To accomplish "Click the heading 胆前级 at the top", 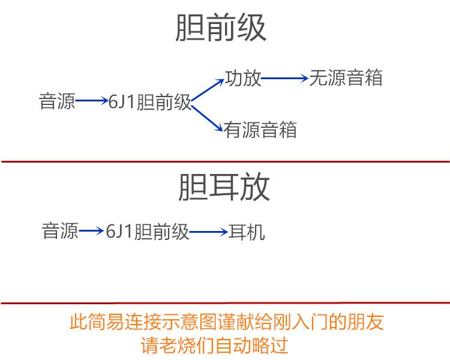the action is point(221,28).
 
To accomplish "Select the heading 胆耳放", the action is point(224,188).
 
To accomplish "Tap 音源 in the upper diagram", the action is point(58,101).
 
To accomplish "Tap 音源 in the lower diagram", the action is point(60,231).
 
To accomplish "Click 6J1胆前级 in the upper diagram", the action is point(149,102).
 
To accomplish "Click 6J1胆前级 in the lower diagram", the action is point(148,232).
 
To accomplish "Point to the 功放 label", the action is point(243,78).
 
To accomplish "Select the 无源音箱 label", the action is point(346,78).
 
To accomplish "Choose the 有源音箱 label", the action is point(260,130).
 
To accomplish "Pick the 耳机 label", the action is point(247,232).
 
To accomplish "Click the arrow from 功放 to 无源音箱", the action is point(284,78).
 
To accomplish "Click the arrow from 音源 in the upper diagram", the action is point(92,101).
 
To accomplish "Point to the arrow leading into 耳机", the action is point(208,232).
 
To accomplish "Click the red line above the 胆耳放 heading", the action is point(225,161).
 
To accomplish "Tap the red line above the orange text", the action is point(225,303).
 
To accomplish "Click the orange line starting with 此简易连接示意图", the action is point(227,323).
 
